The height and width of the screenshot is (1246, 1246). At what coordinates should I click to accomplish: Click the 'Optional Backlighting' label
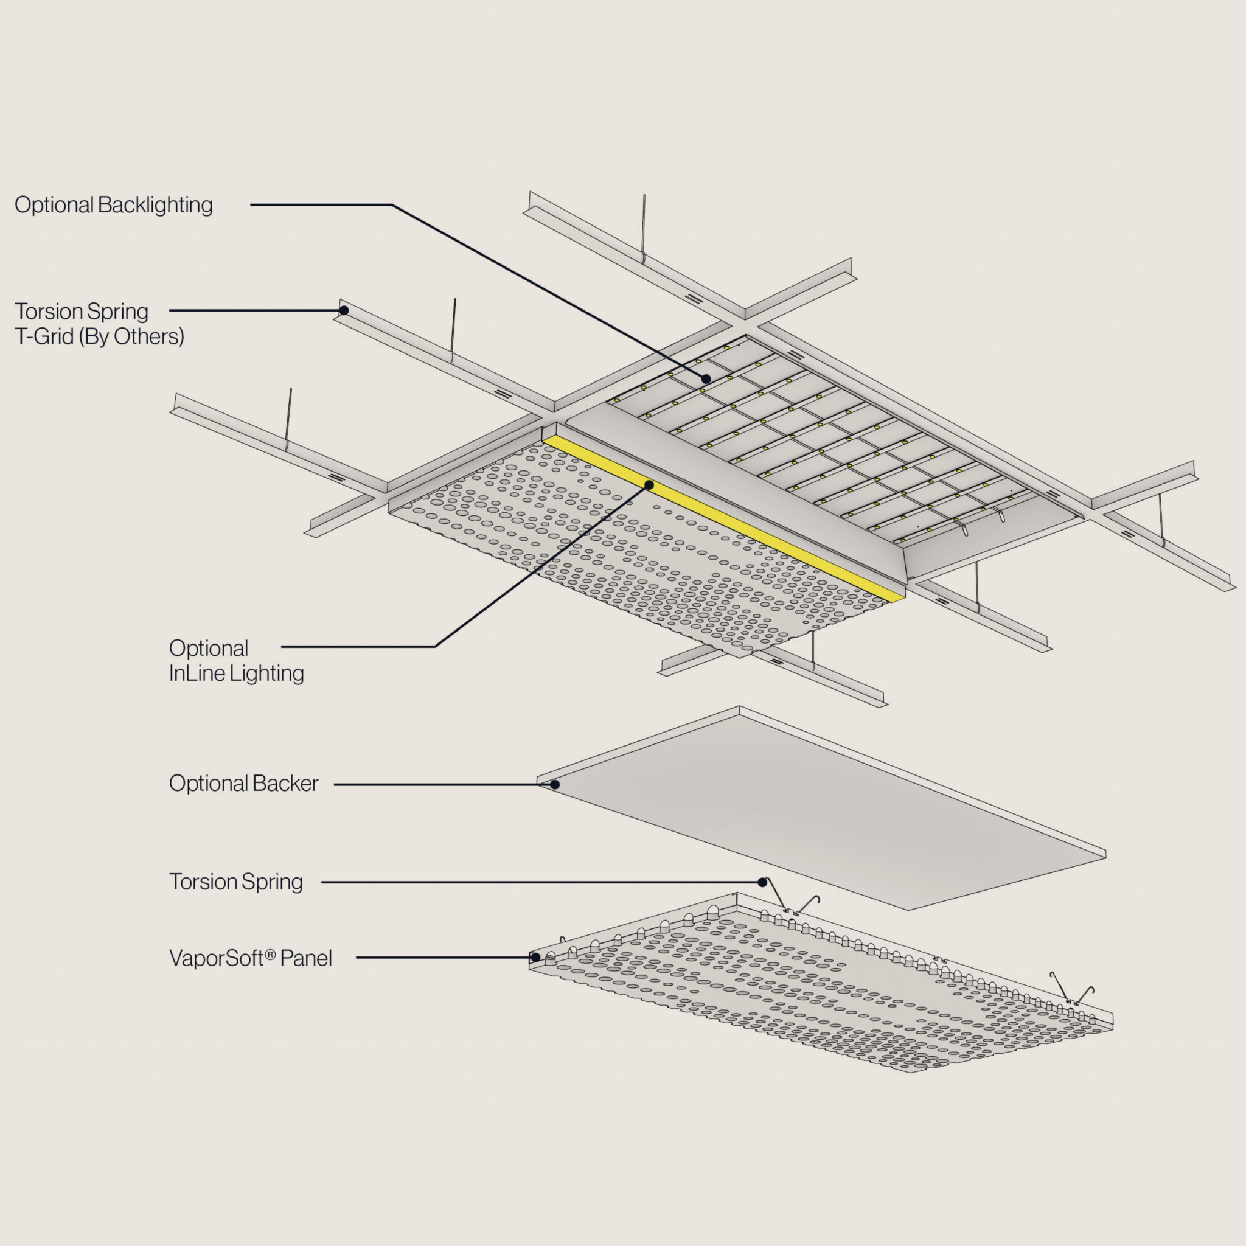pos(114,205)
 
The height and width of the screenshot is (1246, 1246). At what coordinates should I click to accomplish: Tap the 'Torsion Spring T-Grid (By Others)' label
pos(99,324)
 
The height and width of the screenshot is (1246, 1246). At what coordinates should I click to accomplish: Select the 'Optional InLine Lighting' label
pos(236,660)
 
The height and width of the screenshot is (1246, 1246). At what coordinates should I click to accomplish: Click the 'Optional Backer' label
pos(243,784)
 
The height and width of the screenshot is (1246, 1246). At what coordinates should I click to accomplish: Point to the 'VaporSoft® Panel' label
pos(250,958)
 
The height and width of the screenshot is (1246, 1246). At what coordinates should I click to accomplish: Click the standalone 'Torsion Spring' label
pos(235,882)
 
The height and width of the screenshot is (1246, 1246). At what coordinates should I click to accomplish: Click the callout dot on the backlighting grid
pos(706,379)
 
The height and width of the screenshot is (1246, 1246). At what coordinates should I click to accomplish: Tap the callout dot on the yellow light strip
pos(649,485)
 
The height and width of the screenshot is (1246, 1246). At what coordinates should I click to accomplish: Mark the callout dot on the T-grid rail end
pos(344,310)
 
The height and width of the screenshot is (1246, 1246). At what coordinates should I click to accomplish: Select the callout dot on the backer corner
pos(555,785)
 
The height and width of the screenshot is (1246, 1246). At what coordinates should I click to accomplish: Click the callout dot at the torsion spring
pos(763,882)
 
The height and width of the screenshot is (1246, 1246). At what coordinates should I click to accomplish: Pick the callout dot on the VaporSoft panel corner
pos(535,958)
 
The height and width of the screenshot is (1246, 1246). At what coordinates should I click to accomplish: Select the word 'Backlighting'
pos(155,205)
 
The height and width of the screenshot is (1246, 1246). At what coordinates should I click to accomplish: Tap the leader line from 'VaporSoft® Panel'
pos(445,958)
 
